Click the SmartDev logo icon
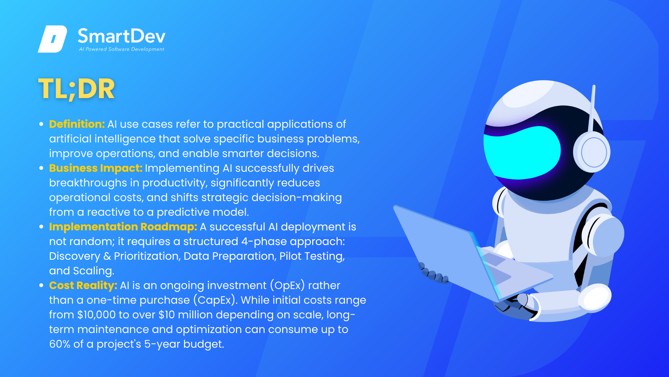click(52, 39)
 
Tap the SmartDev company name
click(122, 36)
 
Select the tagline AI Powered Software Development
click(122, 49)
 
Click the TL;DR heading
click(76, 89)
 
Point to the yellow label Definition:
click(77, 124)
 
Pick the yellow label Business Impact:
click(96, 168)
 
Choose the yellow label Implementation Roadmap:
click(123, 227)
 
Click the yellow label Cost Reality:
click(83, 286)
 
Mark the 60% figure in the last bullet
click(60, 344)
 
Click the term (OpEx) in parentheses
click(287, 286)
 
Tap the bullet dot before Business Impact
click(41, 168)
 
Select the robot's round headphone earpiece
click(592, 153)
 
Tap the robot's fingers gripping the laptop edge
click(433, 273)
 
